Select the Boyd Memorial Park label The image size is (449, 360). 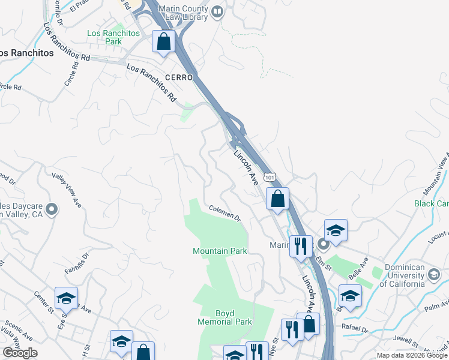click(225, 317)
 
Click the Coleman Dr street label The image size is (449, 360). click(225, 212)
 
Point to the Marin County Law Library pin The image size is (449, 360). click(217, 10)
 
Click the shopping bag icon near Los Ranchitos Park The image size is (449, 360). click(163, 42)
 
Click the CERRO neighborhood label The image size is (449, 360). click(178, 78)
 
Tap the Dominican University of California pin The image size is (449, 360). click(434, 275)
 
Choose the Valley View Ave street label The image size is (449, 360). click(67, 190)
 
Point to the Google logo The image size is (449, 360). click(20, 353)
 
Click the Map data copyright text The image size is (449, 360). click(411, 355)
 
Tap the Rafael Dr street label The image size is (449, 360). click(356, 329)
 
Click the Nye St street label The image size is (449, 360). click(274, 346)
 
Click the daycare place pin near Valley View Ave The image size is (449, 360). click(52, 209)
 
